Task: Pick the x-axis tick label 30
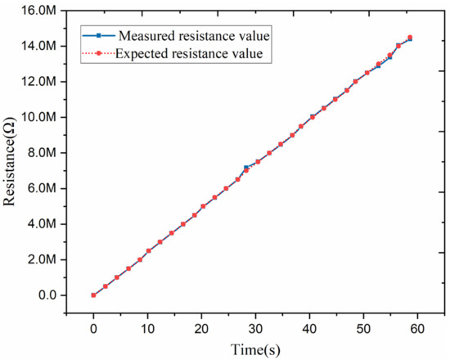point(255,327)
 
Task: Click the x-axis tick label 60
point(417,327)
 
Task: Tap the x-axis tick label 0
point(93,327)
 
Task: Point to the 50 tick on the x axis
point(363,327)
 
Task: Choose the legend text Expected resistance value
point(190,54)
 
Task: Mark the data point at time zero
point(93,295)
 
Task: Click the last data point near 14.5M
point(410,37)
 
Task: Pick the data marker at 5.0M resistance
point(203,206)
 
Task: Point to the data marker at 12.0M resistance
point(356,81)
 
